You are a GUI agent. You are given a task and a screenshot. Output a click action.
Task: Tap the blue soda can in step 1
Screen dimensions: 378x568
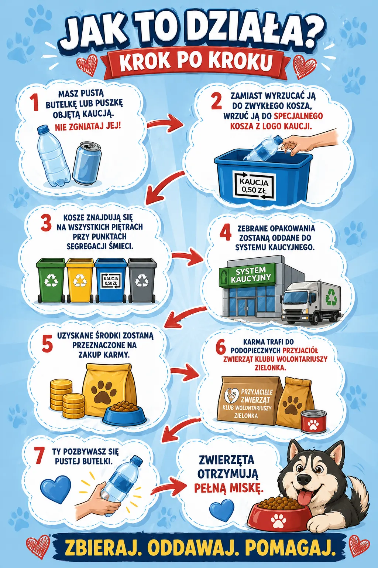[x=87, y=164]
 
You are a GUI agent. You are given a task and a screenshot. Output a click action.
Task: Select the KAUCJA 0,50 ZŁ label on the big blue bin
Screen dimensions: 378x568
[x=254, y=186]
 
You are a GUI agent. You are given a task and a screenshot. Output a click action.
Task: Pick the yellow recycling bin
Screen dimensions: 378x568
[x=80, y=280]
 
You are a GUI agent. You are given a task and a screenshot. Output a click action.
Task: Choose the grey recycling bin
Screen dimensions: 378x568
[x=142, y=280]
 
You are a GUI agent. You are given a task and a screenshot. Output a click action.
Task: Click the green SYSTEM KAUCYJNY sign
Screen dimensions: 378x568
[x=247, y=275]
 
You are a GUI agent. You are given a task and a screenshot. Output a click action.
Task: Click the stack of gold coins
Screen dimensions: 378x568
[x=66, y=399]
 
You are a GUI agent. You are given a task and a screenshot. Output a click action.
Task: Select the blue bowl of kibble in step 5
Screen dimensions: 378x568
[x=124, y=413]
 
